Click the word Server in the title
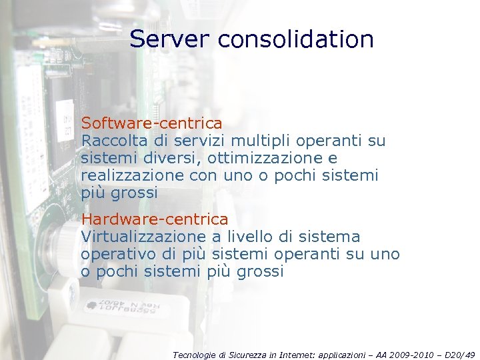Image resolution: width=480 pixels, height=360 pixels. (170, 39)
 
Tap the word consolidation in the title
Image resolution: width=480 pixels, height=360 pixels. (295, 39)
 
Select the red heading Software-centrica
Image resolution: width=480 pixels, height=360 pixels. (151, 123)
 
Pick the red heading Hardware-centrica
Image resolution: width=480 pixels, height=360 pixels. (154, 219)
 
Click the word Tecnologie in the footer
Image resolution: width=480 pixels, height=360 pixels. (195, 355)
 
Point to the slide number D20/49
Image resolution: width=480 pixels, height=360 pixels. (459, 355)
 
